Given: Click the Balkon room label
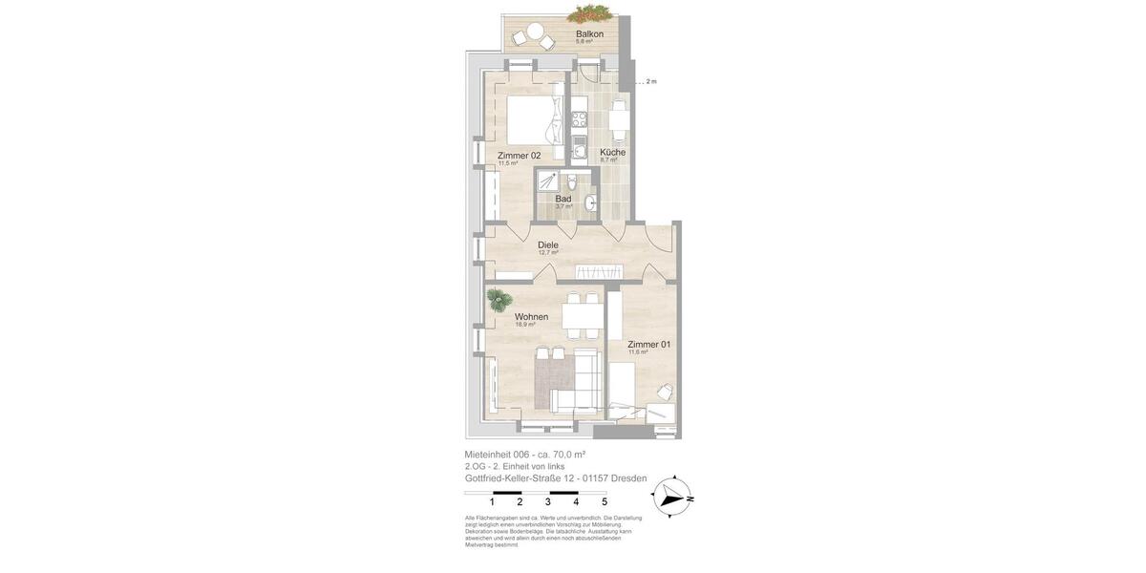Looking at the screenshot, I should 589,34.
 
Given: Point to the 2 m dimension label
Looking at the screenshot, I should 651,82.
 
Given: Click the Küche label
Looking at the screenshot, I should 612,153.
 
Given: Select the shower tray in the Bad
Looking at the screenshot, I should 547,180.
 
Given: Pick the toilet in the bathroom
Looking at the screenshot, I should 571,181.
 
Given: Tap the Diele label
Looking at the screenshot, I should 548,245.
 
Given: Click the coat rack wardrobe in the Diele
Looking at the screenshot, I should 589,272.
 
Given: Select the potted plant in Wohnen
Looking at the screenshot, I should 498,300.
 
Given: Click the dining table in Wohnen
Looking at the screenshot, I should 581,316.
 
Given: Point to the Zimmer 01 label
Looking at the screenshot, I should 648,345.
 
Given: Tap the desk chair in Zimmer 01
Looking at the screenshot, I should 664,392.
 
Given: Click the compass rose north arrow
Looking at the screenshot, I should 673,497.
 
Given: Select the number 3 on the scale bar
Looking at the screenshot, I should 547,501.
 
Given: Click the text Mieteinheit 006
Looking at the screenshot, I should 497,455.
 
